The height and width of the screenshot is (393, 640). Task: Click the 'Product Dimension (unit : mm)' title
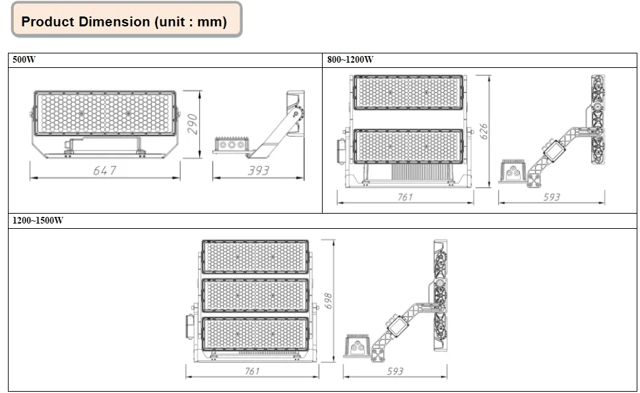[x=124, y=21]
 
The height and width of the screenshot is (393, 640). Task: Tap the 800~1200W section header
[x=350, y=59]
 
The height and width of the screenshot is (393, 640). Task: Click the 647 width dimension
[x=104, y=170]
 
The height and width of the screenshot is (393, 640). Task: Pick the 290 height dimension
[x=193, y=123]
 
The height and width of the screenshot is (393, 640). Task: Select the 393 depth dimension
[x=258, y=170]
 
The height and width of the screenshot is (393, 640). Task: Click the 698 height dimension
[x=328, y=302]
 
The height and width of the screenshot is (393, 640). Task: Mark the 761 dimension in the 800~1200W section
[x=404, y=196]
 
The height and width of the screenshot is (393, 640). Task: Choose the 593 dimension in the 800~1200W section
[x=551, y=196]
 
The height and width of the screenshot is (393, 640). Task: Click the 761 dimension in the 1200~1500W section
[x=251, y=371]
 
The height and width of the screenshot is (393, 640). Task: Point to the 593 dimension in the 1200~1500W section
[x=395, y=371]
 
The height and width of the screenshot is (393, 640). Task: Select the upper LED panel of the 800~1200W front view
[x=408, y=92]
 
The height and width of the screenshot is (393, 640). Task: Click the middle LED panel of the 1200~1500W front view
[x=255, y=295]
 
